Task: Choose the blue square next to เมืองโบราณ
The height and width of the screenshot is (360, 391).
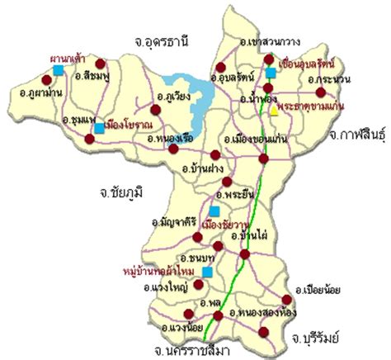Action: tap(99, 129)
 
